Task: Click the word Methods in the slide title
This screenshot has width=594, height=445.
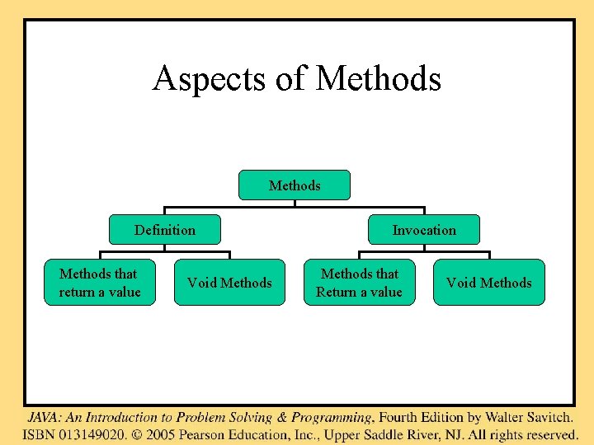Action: (379, 79)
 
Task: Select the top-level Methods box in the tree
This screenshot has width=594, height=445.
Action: (295, 185)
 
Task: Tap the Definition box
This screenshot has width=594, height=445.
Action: (165, 230)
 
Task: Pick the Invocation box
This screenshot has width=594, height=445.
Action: (423, 230)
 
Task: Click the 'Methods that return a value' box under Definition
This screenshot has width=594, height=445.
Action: (100, 283)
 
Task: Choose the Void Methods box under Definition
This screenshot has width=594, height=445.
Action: (229, 283)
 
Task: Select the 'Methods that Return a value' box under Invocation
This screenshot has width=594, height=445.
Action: (359, 283)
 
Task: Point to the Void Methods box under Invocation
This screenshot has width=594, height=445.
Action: (489, 283)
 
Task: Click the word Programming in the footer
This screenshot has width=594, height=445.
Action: (333, 418)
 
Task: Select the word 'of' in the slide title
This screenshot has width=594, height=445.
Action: (291, 79)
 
